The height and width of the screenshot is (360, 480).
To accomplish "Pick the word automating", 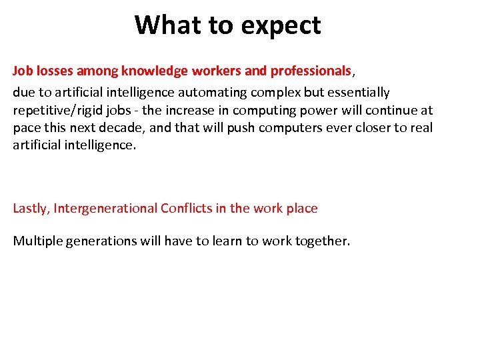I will click(x=261, y=92).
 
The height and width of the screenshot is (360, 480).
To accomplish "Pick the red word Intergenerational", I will click(x=105, y=208).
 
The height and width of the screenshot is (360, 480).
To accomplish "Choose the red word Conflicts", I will click(x=187, y=208).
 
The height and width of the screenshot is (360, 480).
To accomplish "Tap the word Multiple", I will click(x=38, y=241).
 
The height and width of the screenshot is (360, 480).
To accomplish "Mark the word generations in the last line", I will click(x=101, y=241).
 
